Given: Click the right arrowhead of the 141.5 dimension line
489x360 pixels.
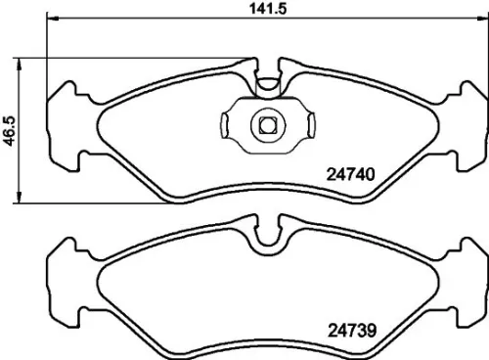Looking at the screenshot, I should (x=479, y=21).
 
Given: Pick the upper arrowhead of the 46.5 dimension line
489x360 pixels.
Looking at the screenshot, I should (x=22, y=61).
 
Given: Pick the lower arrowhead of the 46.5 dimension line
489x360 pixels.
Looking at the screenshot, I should (x=22, y=201).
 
